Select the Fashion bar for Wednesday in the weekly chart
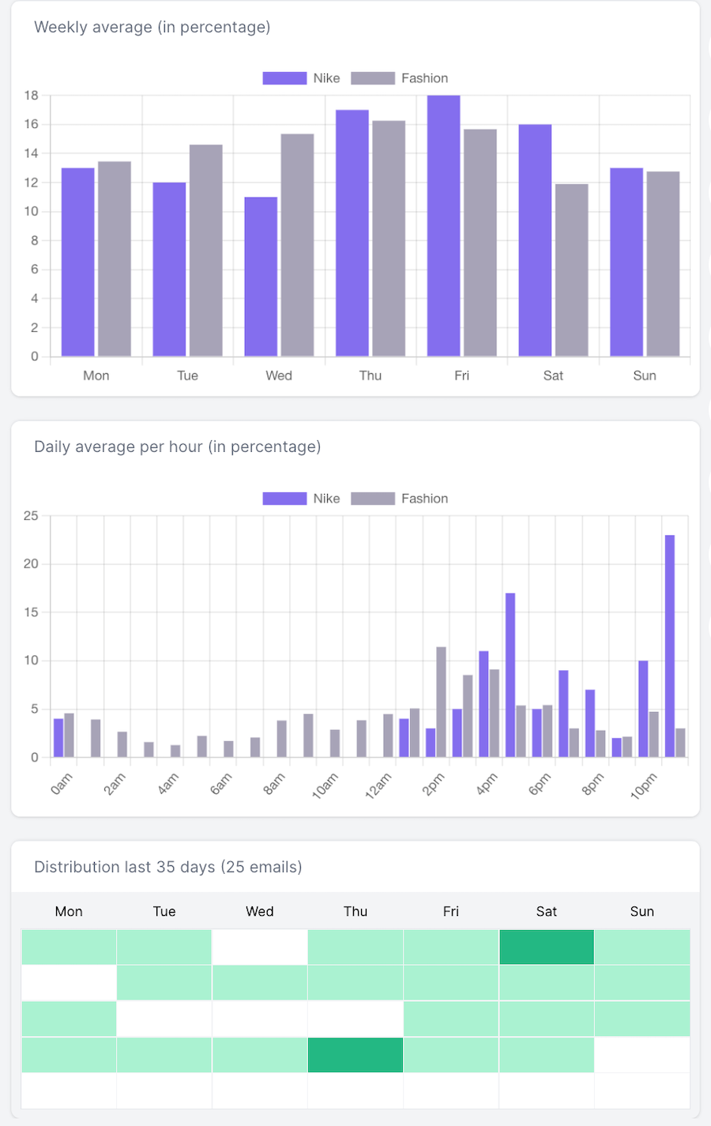(x=297, y=245)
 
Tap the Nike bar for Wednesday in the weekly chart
(x=261, y=277)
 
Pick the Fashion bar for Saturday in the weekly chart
(x=571, y=269)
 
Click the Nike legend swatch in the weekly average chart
(x=284, y=78)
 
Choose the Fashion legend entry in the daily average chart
(x=400, y=499)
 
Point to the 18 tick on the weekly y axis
(x=32, y=96)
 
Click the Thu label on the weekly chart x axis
(x=371, y=375)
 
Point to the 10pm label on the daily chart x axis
(x=644, y=785)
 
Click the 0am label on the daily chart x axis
(x=62, y=784)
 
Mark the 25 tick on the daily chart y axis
(x=31, y=516)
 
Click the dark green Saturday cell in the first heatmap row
(x=547, y=947)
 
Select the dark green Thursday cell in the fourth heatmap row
(x=355, y=1055)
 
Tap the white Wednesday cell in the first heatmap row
(x=260, y=947)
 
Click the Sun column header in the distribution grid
(x=642, y=911)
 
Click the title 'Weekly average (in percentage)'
(x=152, y=27)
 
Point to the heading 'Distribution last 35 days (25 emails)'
(x=168, y=867)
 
